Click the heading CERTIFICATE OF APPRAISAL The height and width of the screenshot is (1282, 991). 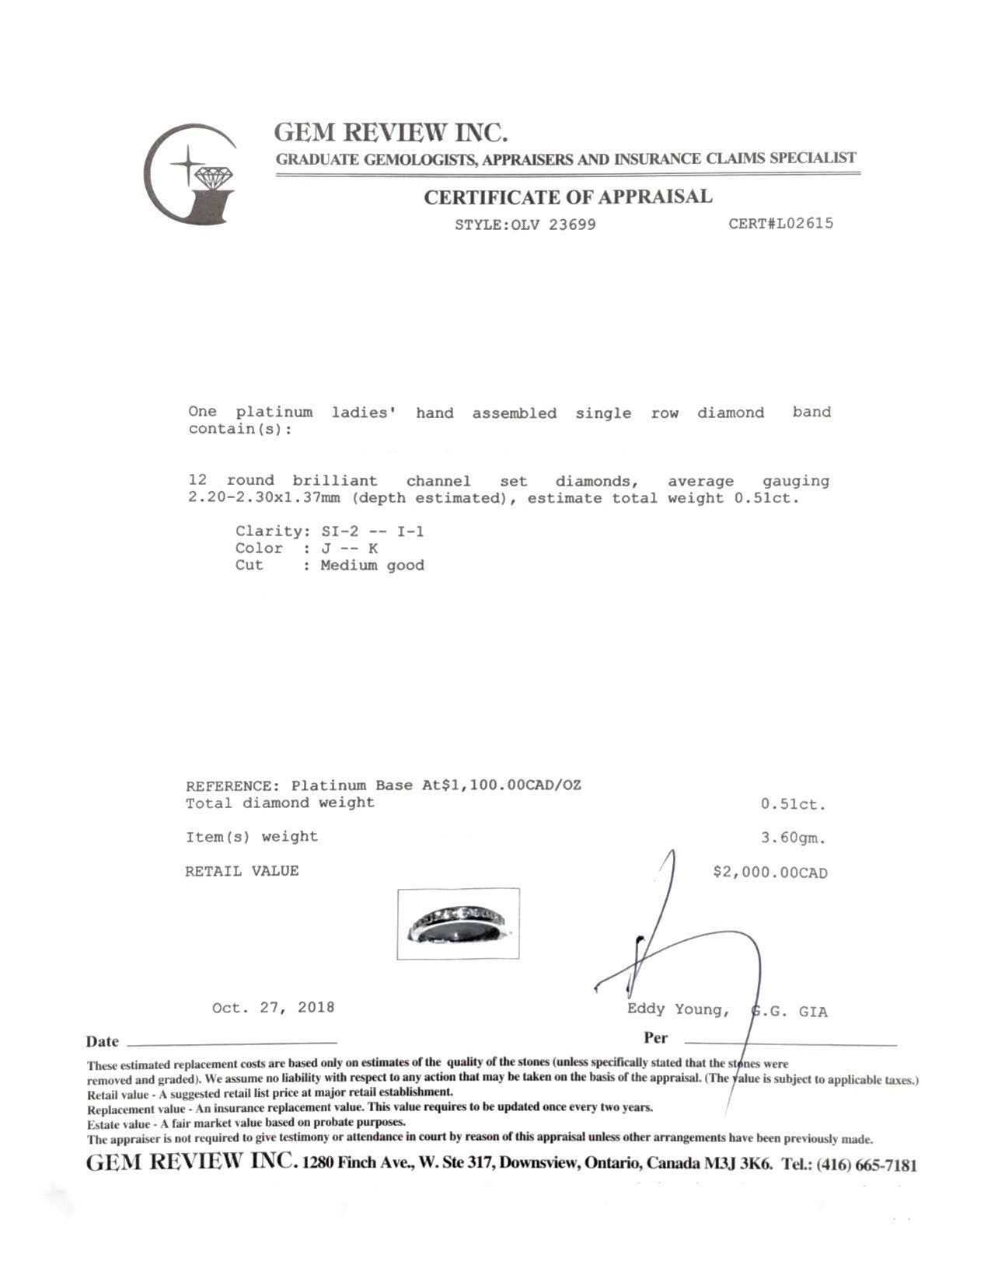click(x=567, y=197)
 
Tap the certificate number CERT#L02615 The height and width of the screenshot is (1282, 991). click(x=780, y=224)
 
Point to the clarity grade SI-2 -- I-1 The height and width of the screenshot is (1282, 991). click(x=372, y=531)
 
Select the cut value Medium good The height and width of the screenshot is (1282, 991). click(x=372, y=566)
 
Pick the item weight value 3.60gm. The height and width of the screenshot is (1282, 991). click(x=793, y=838)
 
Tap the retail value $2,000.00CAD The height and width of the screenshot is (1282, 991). click(x=769, y=873)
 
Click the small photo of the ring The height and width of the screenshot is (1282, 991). click(x=458, y=923)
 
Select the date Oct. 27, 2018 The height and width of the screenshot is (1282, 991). click(x=273, y=1008)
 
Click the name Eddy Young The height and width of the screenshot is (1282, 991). click(x=677, y=1009)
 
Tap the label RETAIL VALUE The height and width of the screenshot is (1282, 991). click(x=242, y=871)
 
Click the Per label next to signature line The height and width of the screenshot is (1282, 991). click(x=655, y=1038)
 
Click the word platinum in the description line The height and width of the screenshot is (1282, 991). click(x=274, y=412)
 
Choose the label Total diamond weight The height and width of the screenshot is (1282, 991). click(x=280, y=803)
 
